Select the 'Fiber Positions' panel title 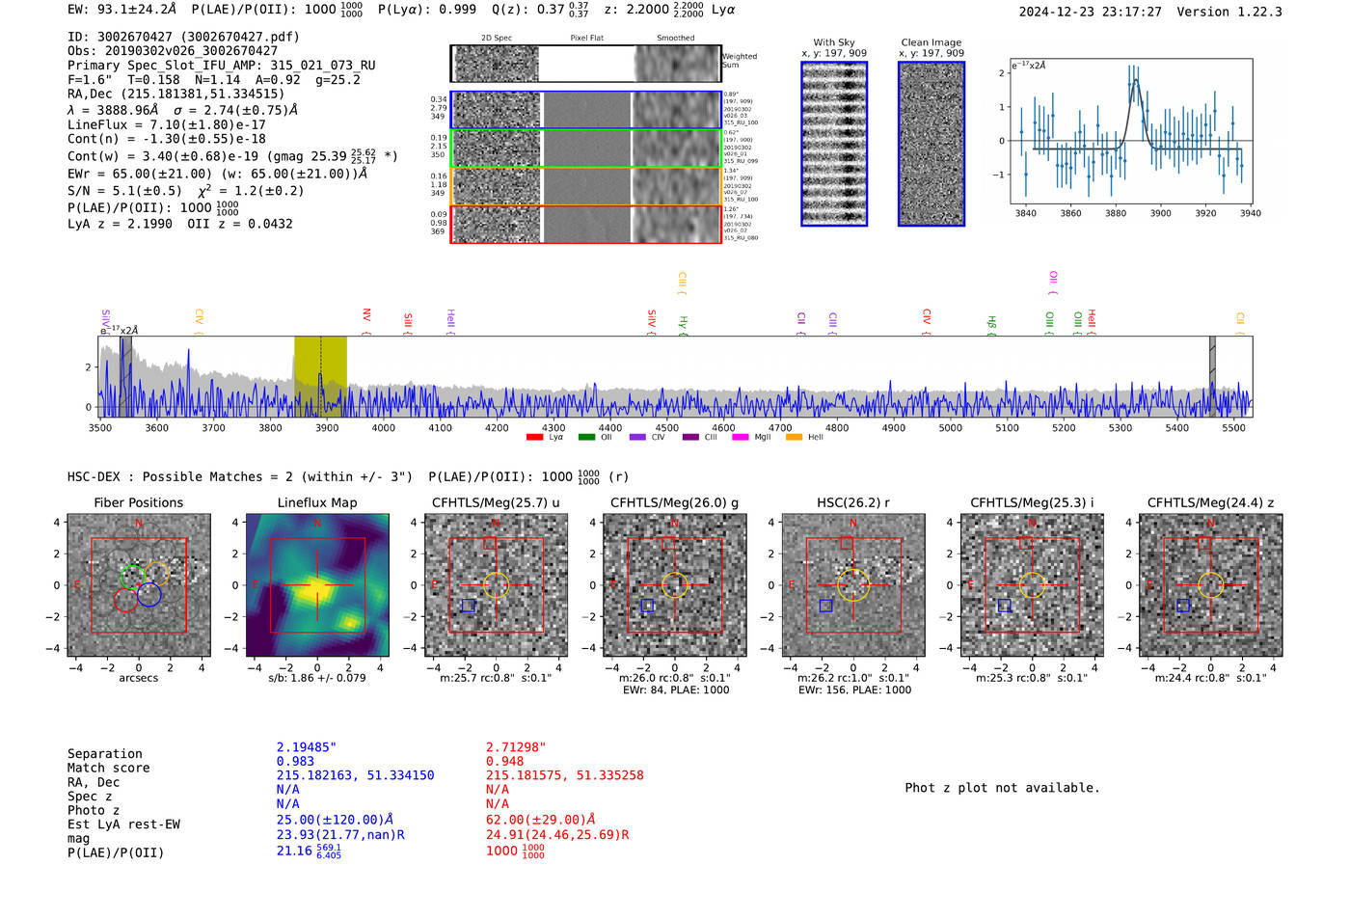pos(138,502)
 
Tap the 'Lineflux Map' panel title pos(317,502)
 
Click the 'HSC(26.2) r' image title pos(853,502)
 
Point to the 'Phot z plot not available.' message pos(1002,788)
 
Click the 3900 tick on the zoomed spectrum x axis pos(1160,213)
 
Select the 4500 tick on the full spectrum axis pos(666,427)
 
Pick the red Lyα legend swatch pos(534,438)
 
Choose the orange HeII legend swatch pos(794,438)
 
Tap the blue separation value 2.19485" pos(307,747)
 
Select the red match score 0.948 pos(504,761)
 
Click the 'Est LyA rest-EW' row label pos(123,824)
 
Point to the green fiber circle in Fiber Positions pos(132,577)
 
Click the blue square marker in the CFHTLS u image pos(469,606)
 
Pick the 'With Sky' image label pos(834,42)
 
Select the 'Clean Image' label pos(931,42)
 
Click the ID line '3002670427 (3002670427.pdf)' pos(183,37)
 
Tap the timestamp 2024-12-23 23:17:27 pos(1090,12)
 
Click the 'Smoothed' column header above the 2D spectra pos(675,39)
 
